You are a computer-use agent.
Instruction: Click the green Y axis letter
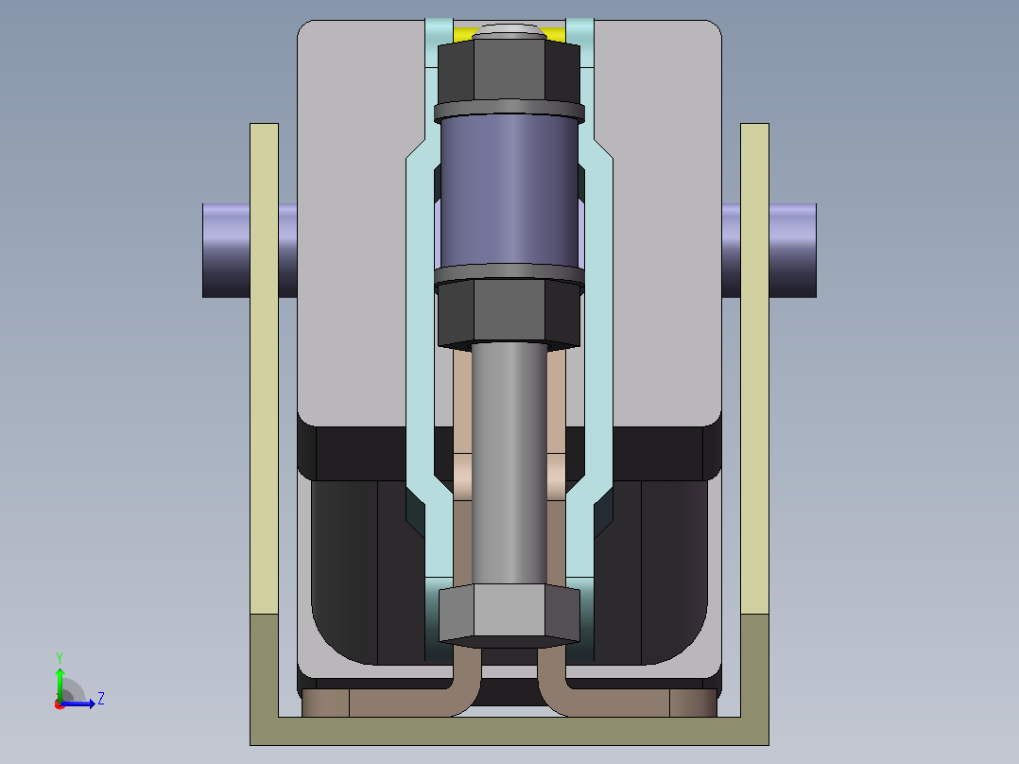click(60, 657)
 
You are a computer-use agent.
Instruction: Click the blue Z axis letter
click(101, 699)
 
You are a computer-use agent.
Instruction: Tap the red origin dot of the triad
click(60, 704)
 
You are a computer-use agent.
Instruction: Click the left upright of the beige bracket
click(264, 369)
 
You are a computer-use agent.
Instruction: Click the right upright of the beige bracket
click(754, 369)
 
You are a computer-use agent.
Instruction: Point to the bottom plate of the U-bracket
click(509, 731)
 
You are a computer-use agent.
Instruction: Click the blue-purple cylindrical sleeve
click(509, 192)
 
